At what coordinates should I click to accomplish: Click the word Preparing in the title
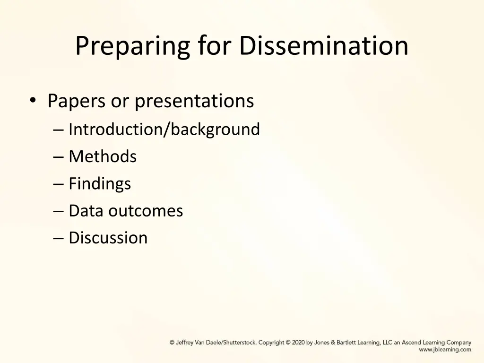pyautogui.click(x=132, y=46)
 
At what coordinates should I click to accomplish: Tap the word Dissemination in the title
pyautogui.click(x=324, y=46)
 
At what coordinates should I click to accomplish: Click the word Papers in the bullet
pyautogui.click(x=76, y=101)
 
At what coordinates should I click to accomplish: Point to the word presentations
pyautogui.click(x=194, y=101)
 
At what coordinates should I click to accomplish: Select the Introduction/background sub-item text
pyautogui.click(x=164, y=129)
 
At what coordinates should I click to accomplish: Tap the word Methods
pyautogui.click(x=103, y=156)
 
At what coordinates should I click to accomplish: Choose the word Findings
pyautogui.click(x=100, y=183)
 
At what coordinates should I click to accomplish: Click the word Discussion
pyautogui.click(x=108, y=237)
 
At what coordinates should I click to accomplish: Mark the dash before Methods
pyautogui.click(x=59, y=157)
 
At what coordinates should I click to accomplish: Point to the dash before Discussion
pyautogui.click(x=59, y=238)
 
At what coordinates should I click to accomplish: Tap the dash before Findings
pyautogui.click(x=59, y=184)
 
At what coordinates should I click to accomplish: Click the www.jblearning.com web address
pyautogui.click(x=445, y=350)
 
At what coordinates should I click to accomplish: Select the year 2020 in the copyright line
pyautogui.click(x=298, y=343)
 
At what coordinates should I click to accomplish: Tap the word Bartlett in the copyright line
pyautogui.click(x=348, y=343)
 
